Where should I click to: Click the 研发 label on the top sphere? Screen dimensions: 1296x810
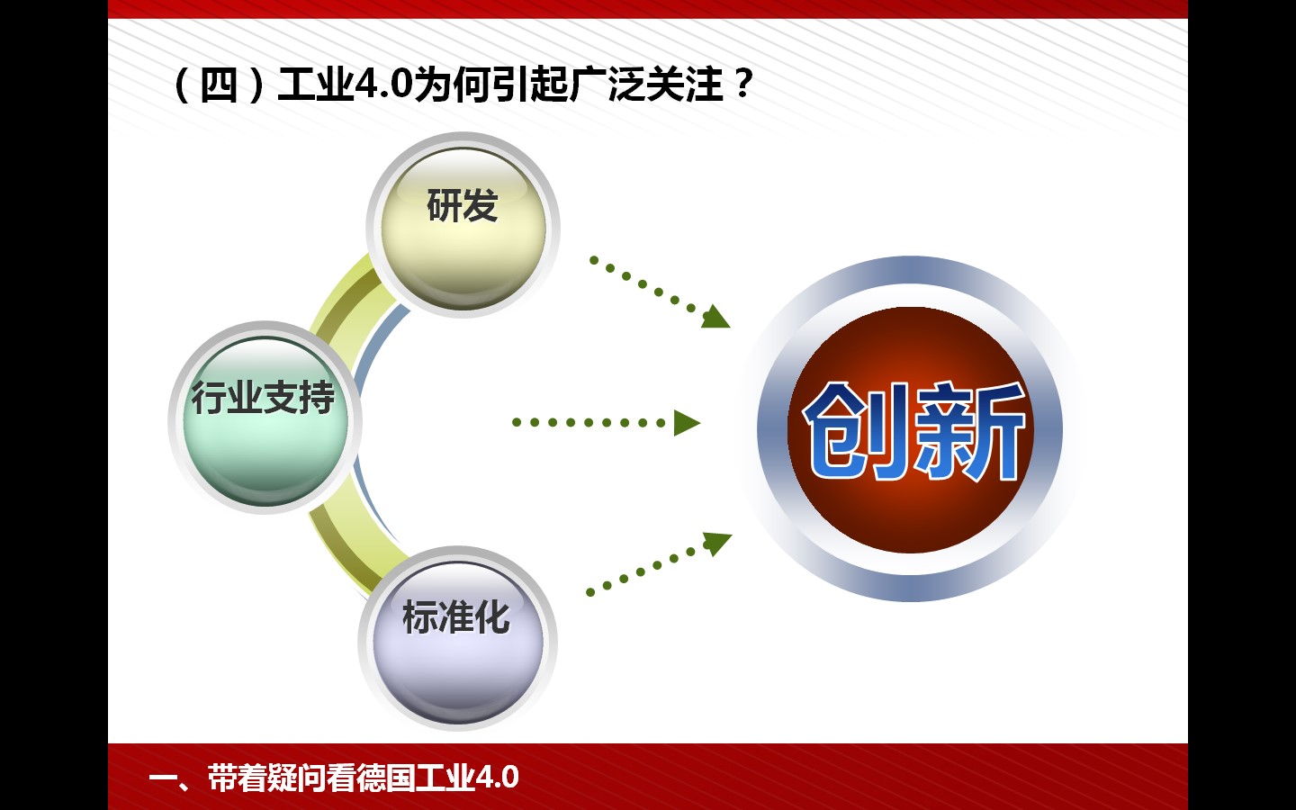[x=463, y=205]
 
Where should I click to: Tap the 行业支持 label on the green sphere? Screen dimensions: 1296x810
[x=263, y=398]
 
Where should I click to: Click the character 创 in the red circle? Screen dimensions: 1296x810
[x=856, y=431]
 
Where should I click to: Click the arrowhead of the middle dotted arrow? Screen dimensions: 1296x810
[x=687, y=423]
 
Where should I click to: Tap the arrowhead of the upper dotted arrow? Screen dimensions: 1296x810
[x=715, y=317]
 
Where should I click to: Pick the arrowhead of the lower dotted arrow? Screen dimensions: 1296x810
[x=717, y=544]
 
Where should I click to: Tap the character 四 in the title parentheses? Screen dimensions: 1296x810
[x=219, y=85]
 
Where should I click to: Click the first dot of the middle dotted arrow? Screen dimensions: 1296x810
[x=517, y=422]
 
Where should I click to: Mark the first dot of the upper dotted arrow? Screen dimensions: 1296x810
[x=594, y=260]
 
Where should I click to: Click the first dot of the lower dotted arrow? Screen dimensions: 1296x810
[x=590, y=592]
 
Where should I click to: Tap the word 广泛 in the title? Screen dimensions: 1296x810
[x=607, y=85]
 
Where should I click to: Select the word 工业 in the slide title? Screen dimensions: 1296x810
[x=315, y=85]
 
